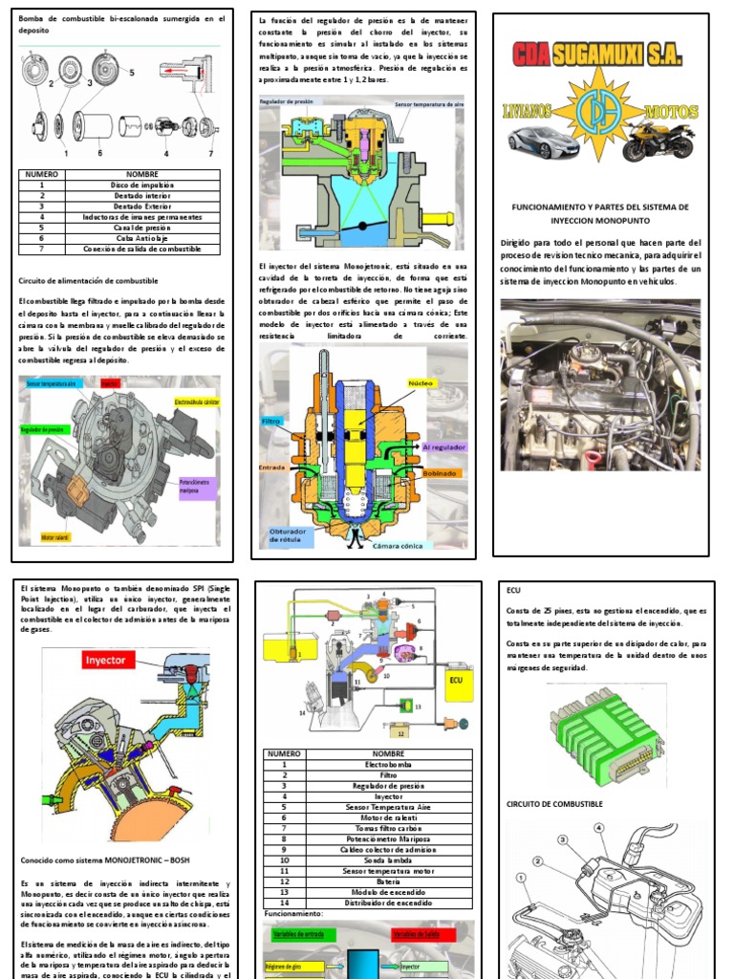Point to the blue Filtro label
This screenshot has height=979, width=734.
[x=271, y=421]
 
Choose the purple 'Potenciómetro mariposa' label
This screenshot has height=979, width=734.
[x=198, y=486]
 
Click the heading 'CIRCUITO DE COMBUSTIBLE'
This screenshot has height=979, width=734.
[x=554, y=804]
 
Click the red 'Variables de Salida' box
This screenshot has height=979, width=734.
[x=420, y=934]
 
